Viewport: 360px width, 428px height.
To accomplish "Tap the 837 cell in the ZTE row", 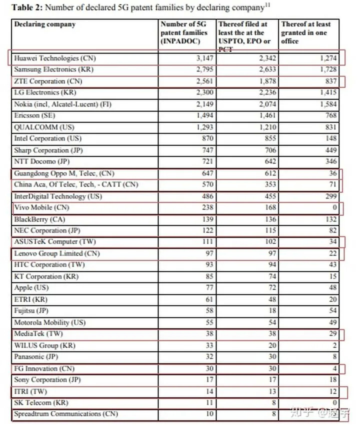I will tap(331, 81).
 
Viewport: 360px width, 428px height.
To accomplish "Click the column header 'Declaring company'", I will tap(45, 24).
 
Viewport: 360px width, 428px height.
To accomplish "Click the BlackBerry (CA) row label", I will tap(39, 219).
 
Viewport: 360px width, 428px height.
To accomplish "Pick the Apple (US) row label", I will tap(30, 287).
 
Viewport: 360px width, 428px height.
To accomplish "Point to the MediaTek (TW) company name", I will tap(38, 333).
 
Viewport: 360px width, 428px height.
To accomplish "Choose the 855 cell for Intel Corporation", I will tap(268, 138).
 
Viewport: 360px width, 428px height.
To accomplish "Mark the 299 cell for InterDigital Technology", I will tap(331, 196).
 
